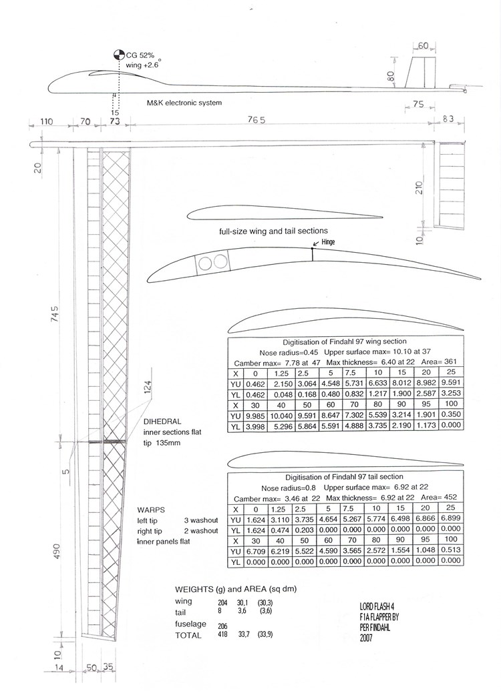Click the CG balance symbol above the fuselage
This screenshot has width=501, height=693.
119,55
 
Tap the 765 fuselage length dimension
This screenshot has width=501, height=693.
257,120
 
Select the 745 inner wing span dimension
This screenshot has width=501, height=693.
55,313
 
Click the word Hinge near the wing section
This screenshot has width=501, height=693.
328,241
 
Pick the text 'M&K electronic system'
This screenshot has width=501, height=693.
184,103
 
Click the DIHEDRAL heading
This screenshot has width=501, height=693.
162,422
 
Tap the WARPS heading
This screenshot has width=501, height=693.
151,510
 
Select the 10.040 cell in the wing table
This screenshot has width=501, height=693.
279,416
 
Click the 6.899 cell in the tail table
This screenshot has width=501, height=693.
451,518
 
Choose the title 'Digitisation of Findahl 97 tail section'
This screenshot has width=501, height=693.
344,477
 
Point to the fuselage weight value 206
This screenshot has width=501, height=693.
222,626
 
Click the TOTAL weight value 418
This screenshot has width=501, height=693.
222,634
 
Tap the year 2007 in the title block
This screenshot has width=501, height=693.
366,638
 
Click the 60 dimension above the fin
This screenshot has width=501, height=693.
423,46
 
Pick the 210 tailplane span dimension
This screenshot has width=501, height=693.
420,187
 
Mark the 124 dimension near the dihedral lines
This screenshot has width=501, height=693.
148,387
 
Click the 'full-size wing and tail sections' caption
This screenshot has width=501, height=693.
273,231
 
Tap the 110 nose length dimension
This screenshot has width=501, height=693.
46,121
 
